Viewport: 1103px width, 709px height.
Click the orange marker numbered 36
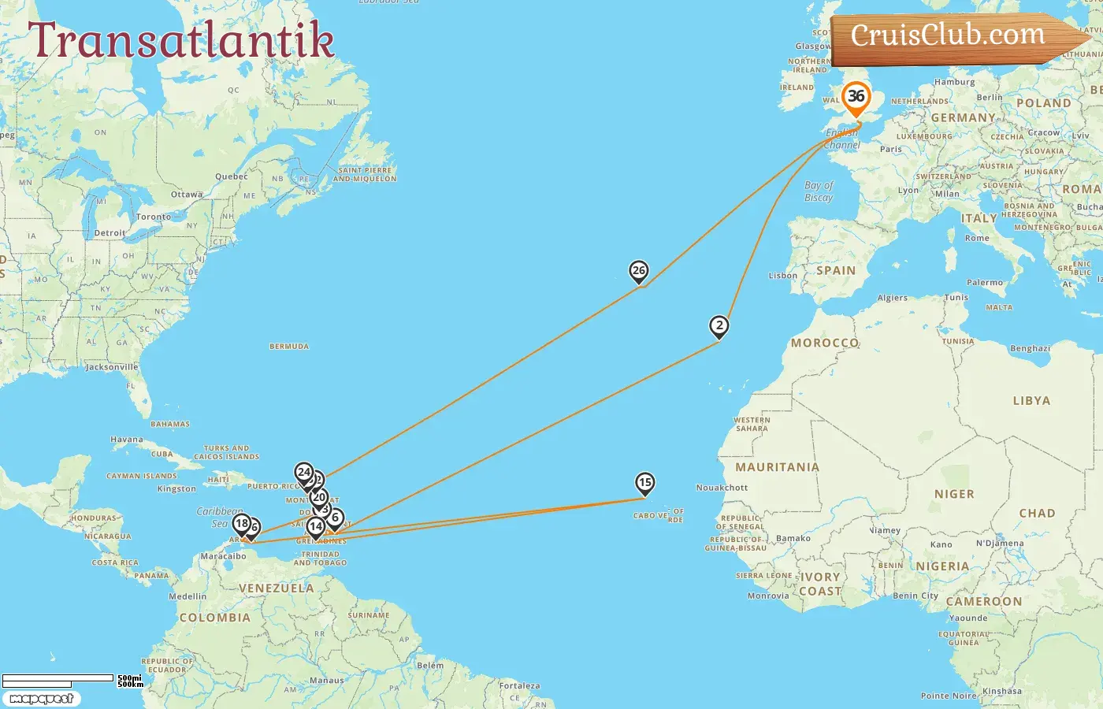click(x=856, y=98)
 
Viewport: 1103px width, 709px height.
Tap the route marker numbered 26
click(x=639, y=271)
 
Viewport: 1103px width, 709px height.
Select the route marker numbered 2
click(x=719, y=325)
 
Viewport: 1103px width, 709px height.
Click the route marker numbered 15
click(x=644, y=482)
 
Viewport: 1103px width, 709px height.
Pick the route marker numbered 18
click(x=241, y=523)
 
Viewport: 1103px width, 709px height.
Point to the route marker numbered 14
click(x=315, y=526)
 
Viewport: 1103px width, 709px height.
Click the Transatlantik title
click(x=181, y=41)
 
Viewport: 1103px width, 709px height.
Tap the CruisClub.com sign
click(x=949, y=35)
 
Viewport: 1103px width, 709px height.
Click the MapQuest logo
click(x=41, y=699)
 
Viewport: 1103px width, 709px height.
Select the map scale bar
click(x=59, y=680)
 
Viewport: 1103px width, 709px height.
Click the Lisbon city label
click(x=783, y=276)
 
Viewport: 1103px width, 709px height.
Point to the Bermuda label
click(x=289, y=347)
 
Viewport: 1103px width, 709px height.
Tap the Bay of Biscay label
click(x=819, y=191)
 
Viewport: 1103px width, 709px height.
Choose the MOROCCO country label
click(x=825, y=343)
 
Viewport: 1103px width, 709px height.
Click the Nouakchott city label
click(x=722, y=488)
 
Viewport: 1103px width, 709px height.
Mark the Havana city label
click(x=127, y=440)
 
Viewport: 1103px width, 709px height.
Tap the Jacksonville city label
click(x=111, y=367)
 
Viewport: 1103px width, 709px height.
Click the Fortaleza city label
click(x=520, y=686)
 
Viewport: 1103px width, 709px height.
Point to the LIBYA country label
click(x=1031, y=401)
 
